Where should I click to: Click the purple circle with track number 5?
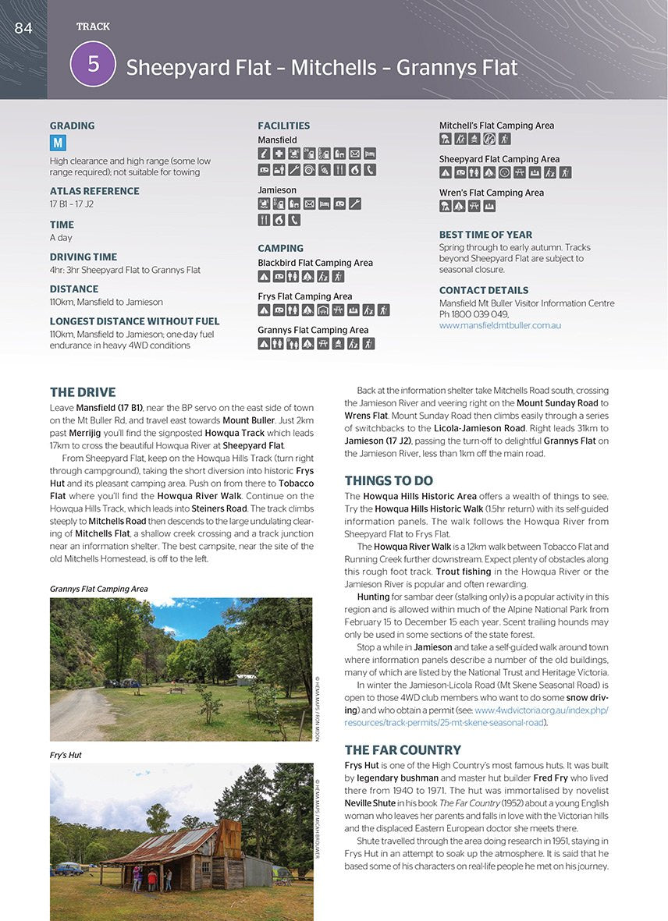pos(93,64)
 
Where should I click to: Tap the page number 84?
pos(23,28)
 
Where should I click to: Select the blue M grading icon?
pos(58,143)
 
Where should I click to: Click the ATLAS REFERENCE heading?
pos(94,191)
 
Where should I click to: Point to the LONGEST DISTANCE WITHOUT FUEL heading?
pos(134,321)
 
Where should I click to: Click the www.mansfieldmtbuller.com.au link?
pos(499,325)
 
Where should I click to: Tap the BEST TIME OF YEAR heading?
pos(485,235)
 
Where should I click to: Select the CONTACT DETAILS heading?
pos(484,290)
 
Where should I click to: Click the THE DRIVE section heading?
pos(83,392)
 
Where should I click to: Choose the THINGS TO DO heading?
pos(389,481)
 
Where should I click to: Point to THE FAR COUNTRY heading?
pos(403,750)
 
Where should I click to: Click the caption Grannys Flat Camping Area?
pos(98,589)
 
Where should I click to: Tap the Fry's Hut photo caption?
pos(66,755)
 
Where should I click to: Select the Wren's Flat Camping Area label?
pos(491,193)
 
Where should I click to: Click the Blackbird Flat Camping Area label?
pos(315,263)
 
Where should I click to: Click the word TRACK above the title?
pos(93,27)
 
